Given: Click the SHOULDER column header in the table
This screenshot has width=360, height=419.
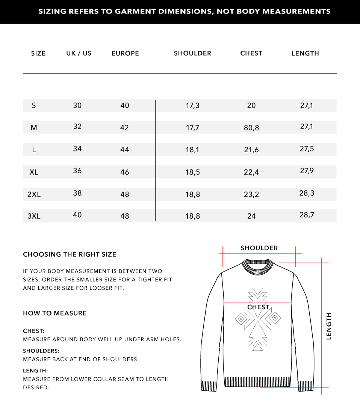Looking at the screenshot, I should tap(192, 53).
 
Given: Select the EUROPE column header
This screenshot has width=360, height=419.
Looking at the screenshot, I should tap(125, 53).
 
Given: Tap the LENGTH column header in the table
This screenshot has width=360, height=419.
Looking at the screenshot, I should tap(305, 53).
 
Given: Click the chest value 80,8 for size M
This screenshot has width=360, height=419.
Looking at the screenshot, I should tap(251, 128).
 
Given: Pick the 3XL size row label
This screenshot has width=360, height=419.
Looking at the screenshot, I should tap(34, 216).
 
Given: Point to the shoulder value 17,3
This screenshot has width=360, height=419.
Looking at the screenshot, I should tap(192, 106).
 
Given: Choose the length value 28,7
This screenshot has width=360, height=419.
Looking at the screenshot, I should tap(307, 215).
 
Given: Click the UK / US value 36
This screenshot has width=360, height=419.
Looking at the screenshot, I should tap(77, 171).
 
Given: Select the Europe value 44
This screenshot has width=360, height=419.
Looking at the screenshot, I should tap(125, 150).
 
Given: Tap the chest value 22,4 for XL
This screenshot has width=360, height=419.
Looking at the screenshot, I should tap(251, 172).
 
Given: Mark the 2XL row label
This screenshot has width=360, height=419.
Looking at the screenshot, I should tap(34, 194).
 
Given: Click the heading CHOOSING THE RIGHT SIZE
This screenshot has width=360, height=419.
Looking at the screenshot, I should tap(70, 254).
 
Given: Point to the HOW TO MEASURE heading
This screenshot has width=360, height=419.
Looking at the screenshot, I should tap(55, 313).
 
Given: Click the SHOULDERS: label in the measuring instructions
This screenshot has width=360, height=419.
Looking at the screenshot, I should tap(41, 351).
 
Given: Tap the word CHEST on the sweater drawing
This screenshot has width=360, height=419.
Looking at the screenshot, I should tap(258, 307).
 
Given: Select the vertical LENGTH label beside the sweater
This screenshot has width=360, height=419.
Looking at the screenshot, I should tap(329, 326).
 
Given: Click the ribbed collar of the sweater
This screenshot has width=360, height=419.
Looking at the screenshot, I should tap(258, 268).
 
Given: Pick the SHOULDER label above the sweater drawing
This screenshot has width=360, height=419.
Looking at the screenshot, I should tap(259, 248).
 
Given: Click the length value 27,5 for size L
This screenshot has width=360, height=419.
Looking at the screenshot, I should tap(307, 149).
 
